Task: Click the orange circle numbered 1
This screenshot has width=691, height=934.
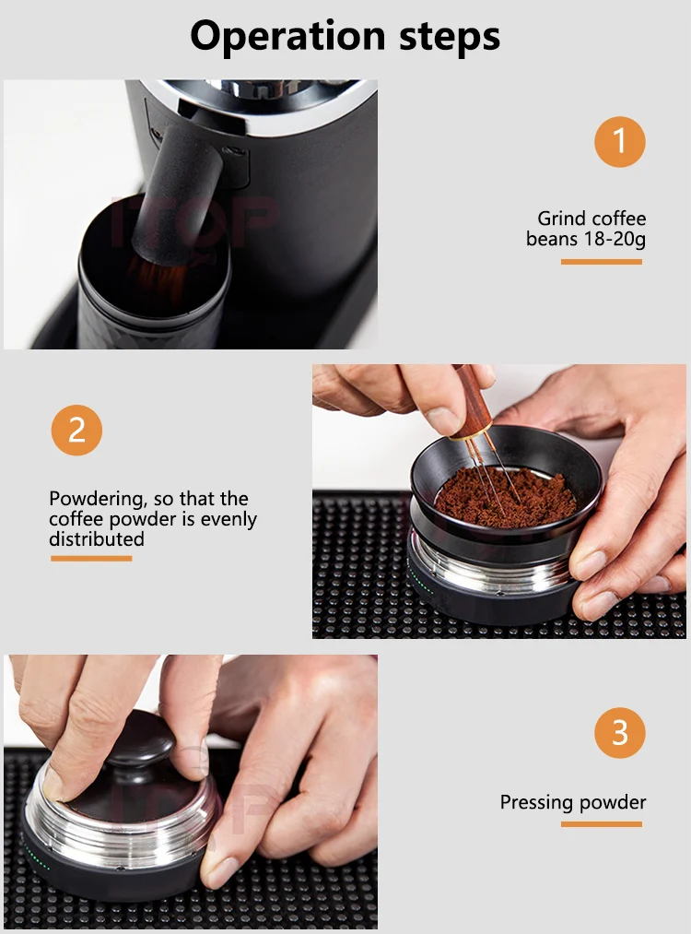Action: [619, 142]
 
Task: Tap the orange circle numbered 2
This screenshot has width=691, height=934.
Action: [76, 430]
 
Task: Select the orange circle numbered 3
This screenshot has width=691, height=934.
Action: [619, 733]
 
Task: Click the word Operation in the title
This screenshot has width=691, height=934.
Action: [288, 37]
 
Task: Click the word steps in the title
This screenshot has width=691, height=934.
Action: [450, 37]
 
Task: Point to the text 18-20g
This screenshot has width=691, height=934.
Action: [615, 239]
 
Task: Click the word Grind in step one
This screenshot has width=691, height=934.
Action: [561, 219]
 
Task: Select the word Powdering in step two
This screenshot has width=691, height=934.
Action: [99, 499]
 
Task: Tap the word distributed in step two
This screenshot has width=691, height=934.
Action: [97, 539]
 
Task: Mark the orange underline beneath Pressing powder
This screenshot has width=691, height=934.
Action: [601, 824]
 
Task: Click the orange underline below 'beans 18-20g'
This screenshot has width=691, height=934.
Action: [601, 262]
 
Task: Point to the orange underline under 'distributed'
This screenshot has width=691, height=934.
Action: [91, 558]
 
